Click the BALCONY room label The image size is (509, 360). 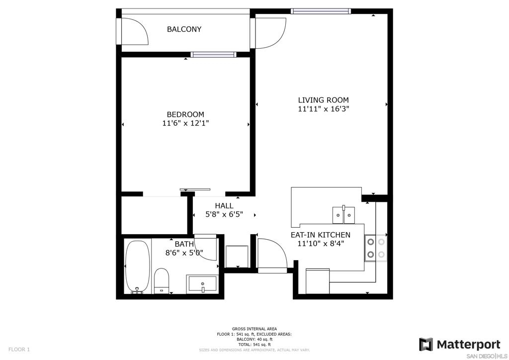[184, 29]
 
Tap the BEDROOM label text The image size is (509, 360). [185, 114]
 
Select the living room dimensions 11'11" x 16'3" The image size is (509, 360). [323, 109]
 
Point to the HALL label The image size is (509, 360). [224, 205]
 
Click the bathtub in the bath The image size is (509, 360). [138, 267]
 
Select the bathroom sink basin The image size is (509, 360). [202, 284]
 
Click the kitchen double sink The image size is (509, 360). [343, 215]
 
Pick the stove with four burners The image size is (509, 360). [376, 248]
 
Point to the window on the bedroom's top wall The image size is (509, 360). [213, 55]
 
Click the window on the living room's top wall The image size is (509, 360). [321, 11]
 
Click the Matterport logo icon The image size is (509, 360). [426, 345]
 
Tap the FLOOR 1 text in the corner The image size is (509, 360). [19, 350]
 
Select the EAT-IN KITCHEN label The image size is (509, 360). [321, 235]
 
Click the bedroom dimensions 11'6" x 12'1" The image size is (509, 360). [185, 123]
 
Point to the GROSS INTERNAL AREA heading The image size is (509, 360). [254, 329]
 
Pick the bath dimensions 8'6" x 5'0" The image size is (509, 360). [184, 253]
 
